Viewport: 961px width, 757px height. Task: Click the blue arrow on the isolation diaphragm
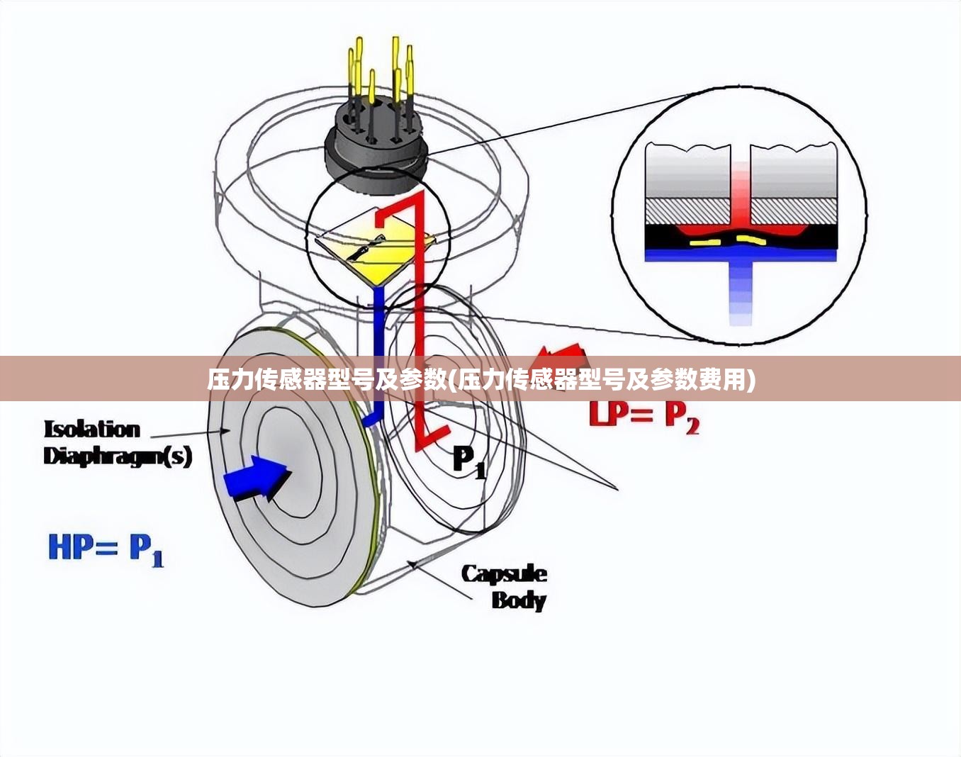257,478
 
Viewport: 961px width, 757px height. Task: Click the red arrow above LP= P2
561,357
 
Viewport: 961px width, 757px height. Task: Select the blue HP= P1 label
106,549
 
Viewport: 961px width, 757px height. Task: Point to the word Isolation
92,430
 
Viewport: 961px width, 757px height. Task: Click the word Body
519,600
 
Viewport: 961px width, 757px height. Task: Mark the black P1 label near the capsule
468,462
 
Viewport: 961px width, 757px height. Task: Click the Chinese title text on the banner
481,380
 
